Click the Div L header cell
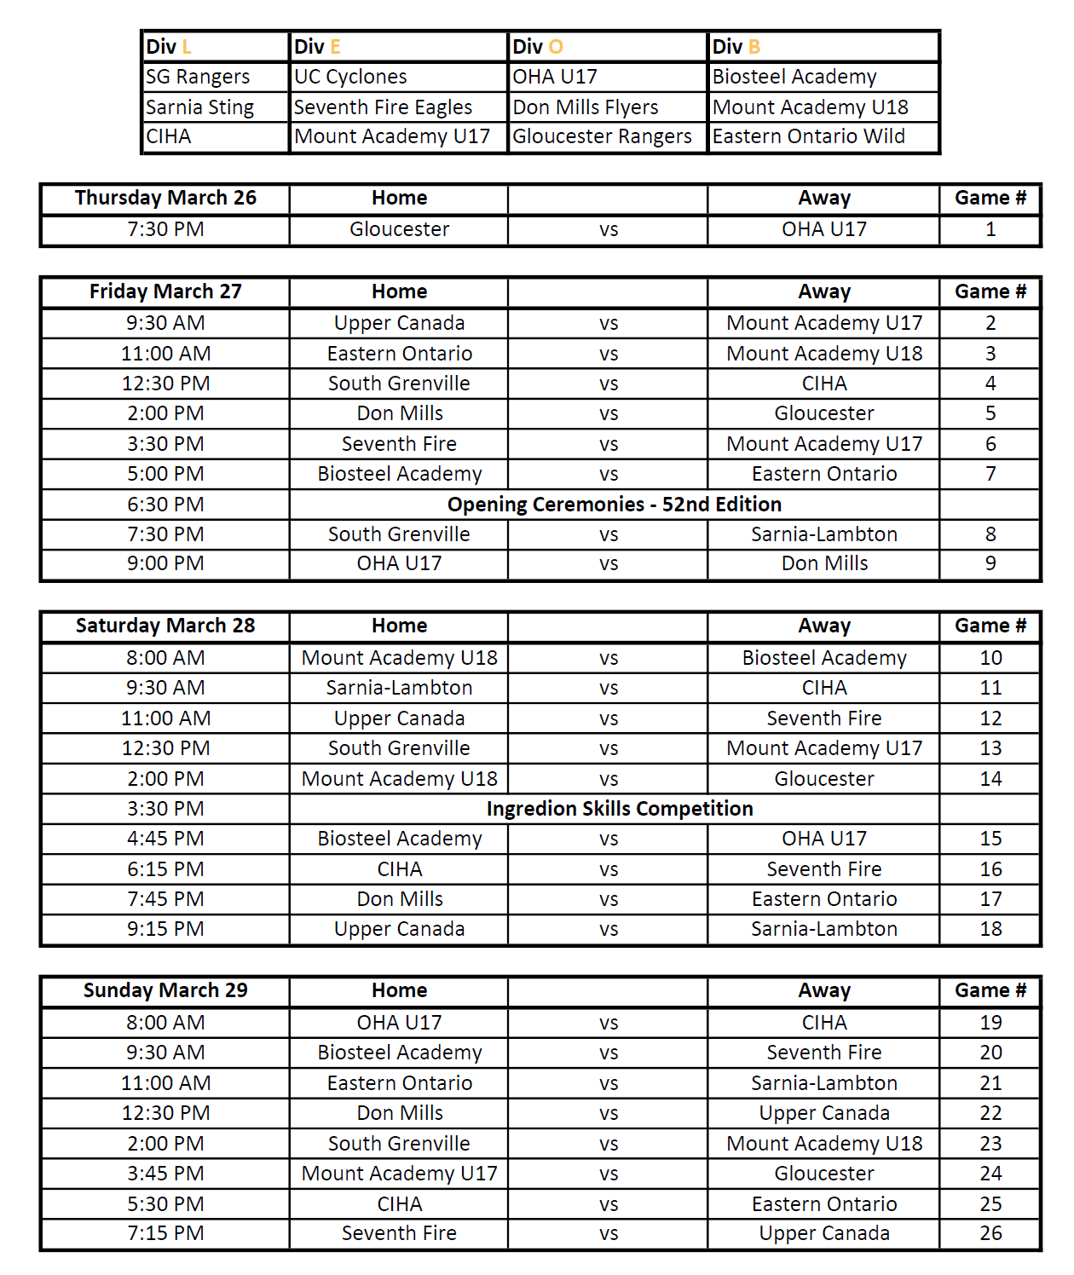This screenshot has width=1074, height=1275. [169, 47]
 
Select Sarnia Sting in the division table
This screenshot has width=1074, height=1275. [200, 107]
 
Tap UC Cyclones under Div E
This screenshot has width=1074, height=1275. [350, 77]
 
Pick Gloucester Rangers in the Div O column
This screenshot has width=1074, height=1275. [602, 136]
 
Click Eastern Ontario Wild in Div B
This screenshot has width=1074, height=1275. [808, 136]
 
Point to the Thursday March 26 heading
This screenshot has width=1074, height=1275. [165, 198]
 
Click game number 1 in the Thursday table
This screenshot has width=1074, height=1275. [990, 229]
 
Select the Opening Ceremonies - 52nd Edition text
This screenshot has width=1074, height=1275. [614, 505]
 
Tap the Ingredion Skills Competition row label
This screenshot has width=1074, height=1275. [620, 809]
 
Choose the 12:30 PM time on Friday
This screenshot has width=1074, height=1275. [165, 384]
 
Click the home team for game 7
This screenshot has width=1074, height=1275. [399, 474]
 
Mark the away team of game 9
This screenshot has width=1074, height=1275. [824, 563]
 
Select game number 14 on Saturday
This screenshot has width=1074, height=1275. [990, 779]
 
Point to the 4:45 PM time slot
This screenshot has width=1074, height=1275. [165, 839]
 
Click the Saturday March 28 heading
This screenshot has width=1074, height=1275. [165, 626]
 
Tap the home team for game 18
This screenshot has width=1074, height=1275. [399, 929]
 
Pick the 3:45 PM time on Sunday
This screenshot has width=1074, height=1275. [165, 1174]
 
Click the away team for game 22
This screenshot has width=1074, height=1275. [824, 1113]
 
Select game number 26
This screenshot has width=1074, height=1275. [990, 1233]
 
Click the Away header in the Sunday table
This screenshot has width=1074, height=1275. [824, 990]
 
